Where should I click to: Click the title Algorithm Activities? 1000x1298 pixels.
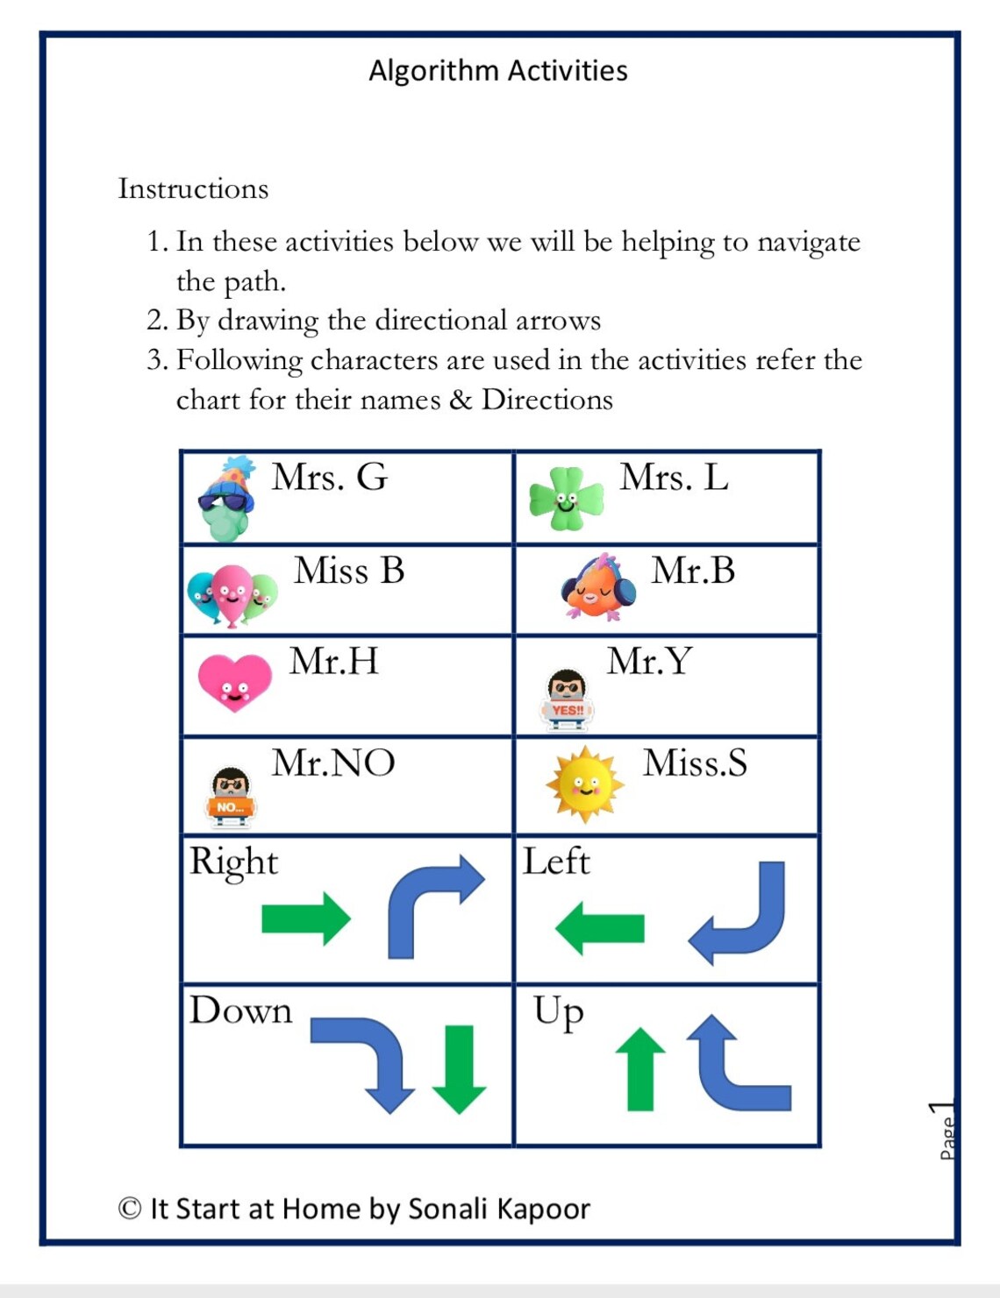(497, 71)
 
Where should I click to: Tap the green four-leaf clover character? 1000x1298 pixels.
(566, 499)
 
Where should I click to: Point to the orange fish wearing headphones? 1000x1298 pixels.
(598, 587)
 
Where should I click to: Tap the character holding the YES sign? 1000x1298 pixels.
(567, 699)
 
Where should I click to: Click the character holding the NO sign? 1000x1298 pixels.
(231, 796)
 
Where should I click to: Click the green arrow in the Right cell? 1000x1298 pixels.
(305, 919)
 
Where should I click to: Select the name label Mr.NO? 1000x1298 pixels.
(333, 762)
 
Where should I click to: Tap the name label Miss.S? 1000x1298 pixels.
(695, 762)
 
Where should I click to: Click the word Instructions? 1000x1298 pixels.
(193, 188)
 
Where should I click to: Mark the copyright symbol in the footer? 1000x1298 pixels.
(130, 1209)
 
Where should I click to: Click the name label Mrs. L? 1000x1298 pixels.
(674, 478)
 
